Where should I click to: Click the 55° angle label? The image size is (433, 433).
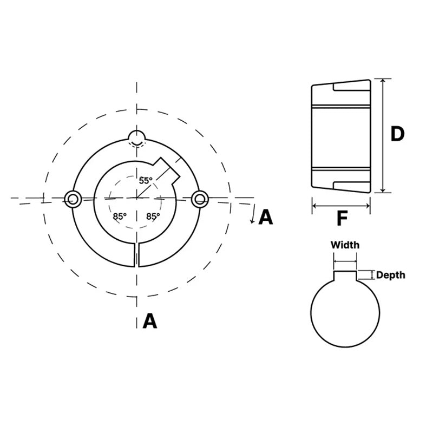pyautogui.click(x=146, y=181)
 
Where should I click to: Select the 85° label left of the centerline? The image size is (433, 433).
pyautogui.click(x=120, y=216)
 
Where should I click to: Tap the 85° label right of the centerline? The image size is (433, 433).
pyautogui.click(x=154, y=216)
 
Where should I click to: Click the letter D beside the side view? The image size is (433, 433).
pyautogui.click(x=397, y=134)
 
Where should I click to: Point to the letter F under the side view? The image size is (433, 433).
pyautogui.click(x=342, y=219)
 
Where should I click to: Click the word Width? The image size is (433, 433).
pyautogui.click(x=345, y=245)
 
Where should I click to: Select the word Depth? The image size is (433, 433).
pyautogui.click(x=390, y=275)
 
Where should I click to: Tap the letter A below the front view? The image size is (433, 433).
pyautogui.click(x=149, y=322)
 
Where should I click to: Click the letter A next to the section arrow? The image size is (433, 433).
pyautogui.click(x=266, y=217)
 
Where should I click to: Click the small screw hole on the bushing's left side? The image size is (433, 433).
pyautogui.click(x=73, y=199)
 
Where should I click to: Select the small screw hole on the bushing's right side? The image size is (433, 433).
pyautogui.click(x=201, y=199)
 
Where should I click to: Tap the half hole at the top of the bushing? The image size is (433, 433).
pyautogui.click(x=137, y=137)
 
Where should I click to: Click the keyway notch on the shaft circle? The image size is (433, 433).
pyautogui.click(x=345, y=276)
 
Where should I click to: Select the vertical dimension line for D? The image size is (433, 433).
pyautogui.click(x=383, y=135)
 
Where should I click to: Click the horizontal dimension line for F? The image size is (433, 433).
pyautogui.click(x=341, y=206)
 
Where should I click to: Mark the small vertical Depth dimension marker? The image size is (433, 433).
pyautogui.click(x=372, y=275)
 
